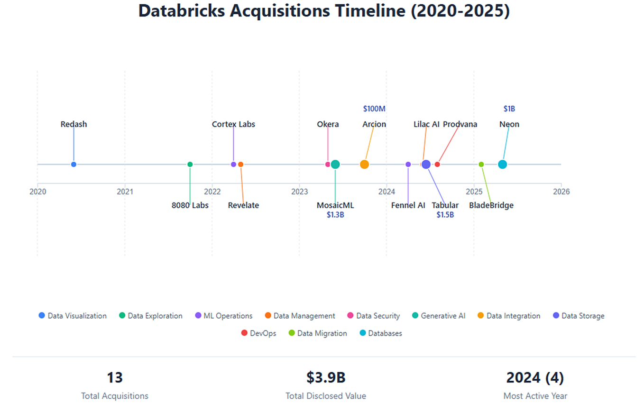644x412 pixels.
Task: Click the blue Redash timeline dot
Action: pos(74,165)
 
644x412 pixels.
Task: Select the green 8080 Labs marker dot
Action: pos(190,165)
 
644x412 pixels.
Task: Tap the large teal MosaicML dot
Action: pos(335,165)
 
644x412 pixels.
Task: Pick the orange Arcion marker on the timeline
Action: pos(364,165)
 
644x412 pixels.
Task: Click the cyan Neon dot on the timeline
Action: pos(502,165)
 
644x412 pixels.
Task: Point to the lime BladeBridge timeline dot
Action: pos(481,165)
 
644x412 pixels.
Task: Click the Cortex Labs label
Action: pos(233,125)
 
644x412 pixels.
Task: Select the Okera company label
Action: pos(328,125)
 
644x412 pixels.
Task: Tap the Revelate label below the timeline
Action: pos(243,206)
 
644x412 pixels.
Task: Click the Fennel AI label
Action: pos(408,206)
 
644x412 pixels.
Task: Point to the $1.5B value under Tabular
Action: pos(445,215)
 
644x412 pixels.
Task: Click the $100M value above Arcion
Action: pos(374,109)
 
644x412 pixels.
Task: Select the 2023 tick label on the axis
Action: pos(299,192)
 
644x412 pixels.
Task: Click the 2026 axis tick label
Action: pos(561,192)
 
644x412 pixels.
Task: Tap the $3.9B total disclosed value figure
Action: pos(326,378)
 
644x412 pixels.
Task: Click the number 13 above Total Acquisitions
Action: pos(115,378)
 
